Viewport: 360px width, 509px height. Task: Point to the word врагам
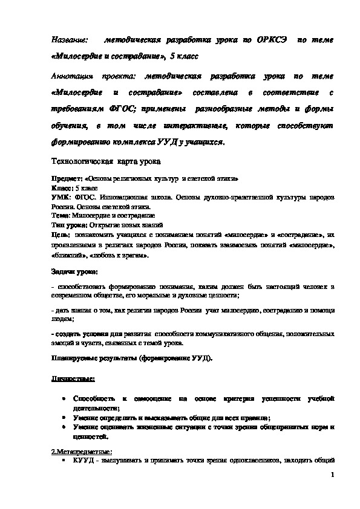(x=135, y=255)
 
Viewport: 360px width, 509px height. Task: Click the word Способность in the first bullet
(x=94, y=400)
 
